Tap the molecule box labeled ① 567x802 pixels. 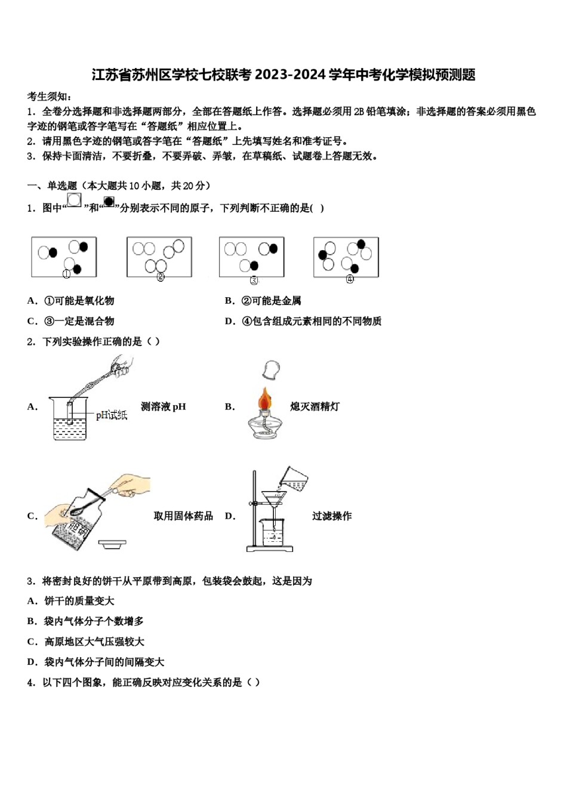coord(64,257)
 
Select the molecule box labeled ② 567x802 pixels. coord(159,257)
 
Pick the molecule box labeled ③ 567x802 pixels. coord(251,257)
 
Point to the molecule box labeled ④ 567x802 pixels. coord(346,257)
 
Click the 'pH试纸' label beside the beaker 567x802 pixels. coord(112,415)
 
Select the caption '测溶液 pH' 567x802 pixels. coord(163,407)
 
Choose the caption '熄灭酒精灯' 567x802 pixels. coord(315,407)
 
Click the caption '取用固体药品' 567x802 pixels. coord(183,516)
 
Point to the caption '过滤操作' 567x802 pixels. coord(332,516)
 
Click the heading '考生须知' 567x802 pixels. coord(49,97)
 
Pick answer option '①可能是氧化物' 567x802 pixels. coord(79,301)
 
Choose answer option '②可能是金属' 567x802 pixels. coord(271,301)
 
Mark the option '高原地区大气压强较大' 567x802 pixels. coord(94,642)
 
